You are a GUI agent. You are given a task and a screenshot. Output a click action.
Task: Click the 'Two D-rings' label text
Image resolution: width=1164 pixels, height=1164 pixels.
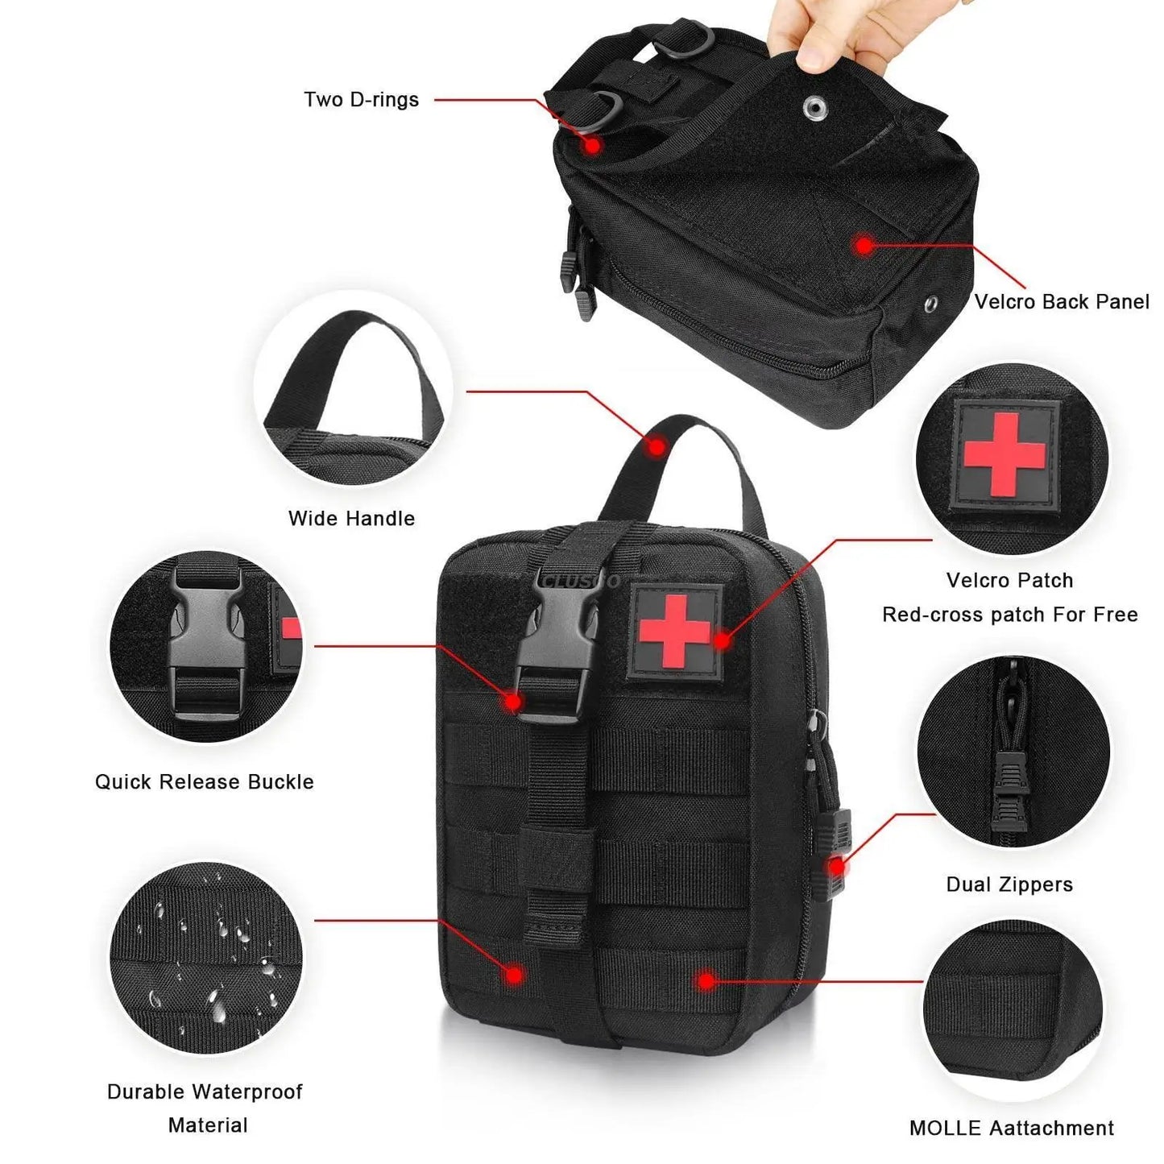pos(361,100)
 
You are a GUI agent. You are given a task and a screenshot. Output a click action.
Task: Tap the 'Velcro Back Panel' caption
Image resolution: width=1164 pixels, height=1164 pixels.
pos(1061,302)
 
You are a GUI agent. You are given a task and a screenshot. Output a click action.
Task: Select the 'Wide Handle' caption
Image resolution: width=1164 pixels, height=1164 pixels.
pos(351,519)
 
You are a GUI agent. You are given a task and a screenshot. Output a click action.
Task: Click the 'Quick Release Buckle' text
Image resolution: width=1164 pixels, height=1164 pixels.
pos(204,782)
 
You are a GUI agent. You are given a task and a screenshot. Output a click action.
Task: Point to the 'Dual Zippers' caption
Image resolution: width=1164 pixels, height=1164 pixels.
pos(1009,884)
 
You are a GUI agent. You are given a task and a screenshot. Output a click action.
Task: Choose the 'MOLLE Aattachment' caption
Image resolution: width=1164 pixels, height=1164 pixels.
pos(1011,1129)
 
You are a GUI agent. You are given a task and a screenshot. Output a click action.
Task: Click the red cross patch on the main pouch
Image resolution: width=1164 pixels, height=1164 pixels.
pos(675,632)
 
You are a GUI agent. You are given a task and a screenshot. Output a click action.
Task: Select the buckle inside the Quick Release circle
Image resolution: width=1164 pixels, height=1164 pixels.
pos(205,644)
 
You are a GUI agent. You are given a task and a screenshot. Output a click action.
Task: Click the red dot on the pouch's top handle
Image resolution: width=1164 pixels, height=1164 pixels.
pos(658,445)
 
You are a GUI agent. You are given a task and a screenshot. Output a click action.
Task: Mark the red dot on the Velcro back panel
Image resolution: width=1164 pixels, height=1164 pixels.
pos(864,245)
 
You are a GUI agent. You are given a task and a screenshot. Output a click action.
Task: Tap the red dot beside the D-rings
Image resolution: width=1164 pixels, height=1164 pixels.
pos(593,146)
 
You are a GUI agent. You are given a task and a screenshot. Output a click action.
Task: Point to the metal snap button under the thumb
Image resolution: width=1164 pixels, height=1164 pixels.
pos(813,105)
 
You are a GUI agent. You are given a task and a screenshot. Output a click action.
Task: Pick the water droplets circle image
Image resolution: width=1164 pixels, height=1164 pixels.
pos(207,959)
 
